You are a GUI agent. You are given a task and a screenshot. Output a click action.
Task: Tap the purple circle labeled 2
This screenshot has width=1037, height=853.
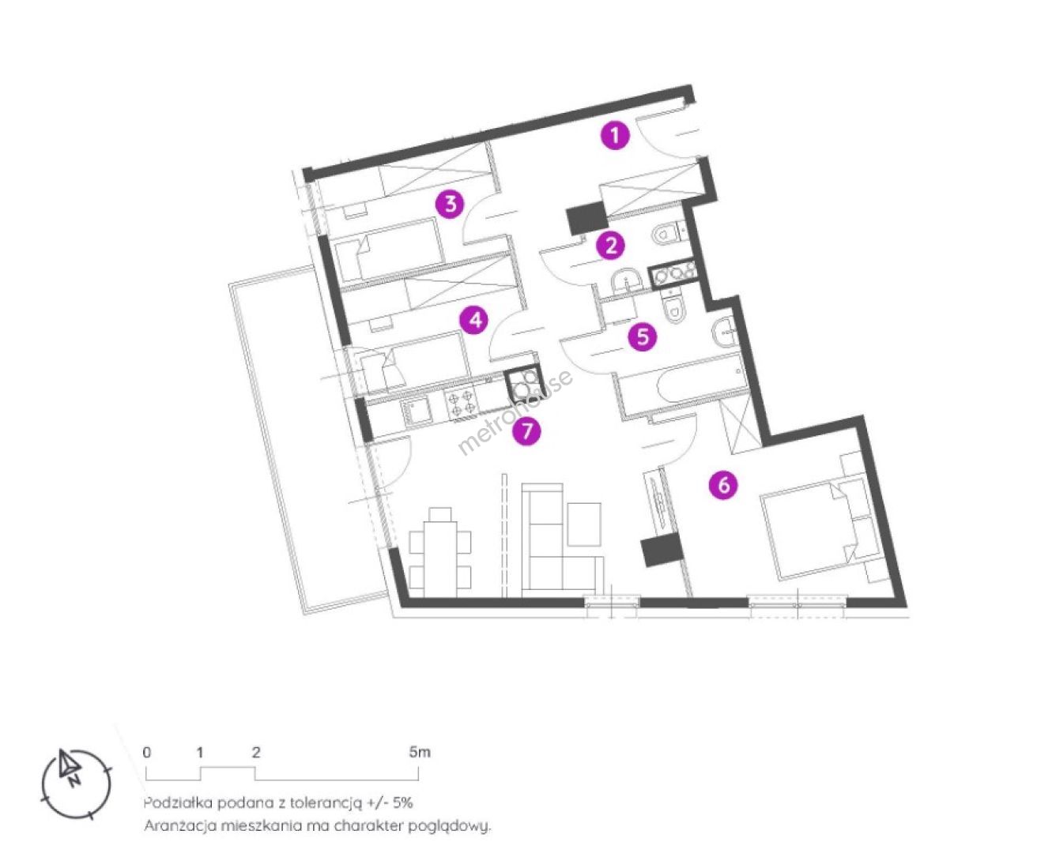click(611, 245)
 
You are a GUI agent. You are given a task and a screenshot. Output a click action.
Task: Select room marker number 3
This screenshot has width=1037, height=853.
click(451, 203)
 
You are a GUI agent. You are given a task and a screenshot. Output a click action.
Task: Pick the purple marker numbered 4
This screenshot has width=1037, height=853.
click(474, 321)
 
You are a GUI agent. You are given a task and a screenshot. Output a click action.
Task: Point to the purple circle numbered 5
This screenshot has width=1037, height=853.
click(643, 337)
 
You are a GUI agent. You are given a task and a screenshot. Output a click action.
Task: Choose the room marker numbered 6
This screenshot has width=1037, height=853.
click(723, 486)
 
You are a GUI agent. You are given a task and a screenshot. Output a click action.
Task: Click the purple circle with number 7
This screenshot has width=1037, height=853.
click(526, 431)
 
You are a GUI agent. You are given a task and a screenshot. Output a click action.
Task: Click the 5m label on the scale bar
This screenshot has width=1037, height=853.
click(420, 752)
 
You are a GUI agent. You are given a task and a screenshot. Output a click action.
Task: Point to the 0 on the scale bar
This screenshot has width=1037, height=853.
click(147, 752)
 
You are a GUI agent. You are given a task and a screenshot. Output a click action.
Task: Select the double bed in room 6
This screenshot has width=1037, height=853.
click(817, 528)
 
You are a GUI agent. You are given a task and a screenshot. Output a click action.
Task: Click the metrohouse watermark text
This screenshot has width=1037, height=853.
click(515, 411)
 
